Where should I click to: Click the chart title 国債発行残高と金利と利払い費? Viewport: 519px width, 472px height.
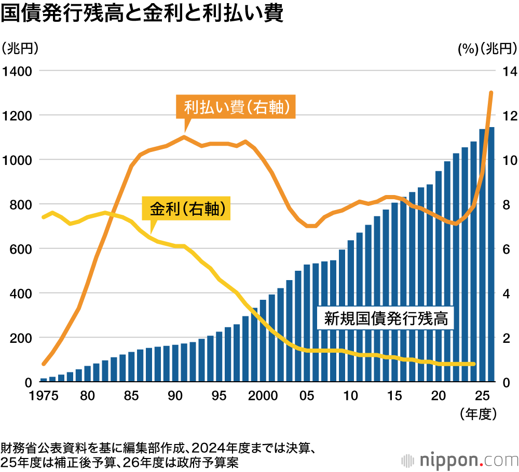click(x=142, y=14)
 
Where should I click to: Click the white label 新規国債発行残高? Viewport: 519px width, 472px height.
click(x=386, y=317)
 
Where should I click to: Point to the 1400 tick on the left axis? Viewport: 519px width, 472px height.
click(x=17, y=71)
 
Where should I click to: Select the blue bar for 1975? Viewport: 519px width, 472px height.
click(x=44, y=380)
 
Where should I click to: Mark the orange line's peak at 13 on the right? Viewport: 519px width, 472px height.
click(x=491, y=93)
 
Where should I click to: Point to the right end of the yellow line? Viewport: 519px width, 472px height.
click(x=473, y=364)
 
